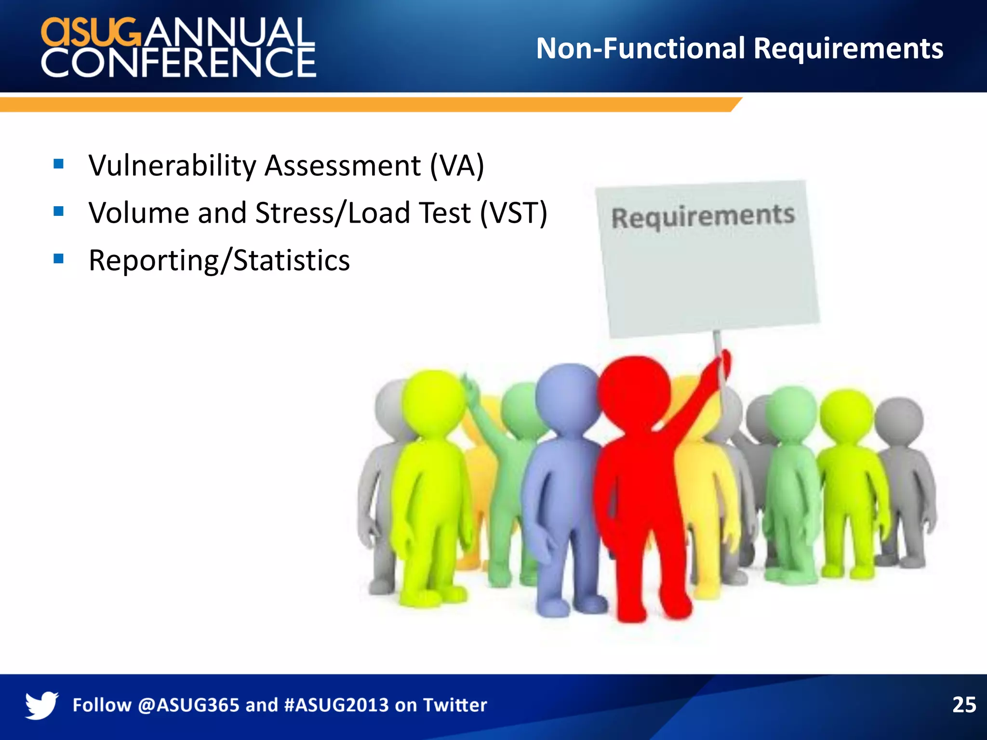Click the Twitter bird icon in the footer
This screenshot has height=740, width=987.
pos(41,705)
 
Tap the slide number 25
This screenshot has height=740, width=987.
pos(964,705)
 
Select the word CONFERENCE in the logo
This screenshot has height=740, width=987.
pos(178,63)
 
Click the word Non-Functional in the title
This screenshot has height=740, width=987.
pos(641,49)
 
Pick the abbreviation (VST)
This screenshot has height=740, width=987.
pos(513,213)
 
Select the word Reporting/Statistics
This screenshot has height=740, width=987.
pos(219,261)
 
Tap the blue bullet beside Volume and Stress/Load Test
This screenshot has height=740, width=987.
pos(59,211)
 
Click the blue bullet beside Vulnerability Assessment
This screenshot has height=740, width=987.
pos(59,164)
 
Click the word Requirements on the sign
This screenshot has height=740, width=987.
pos(703,216)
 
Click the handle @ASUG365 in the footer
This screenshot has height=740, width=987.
pos(188,705)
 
